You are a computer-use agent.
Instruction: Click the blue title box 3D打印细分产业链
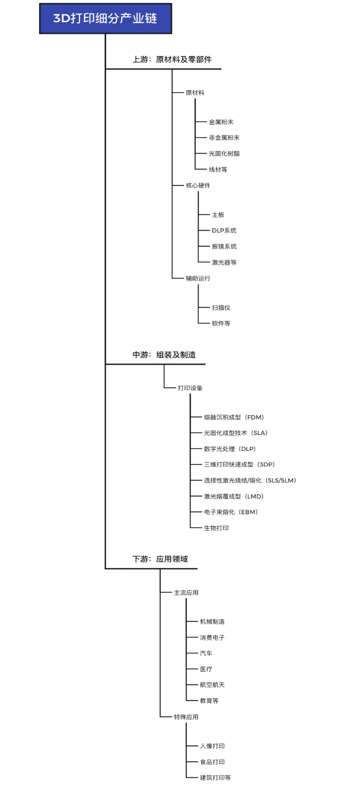coord(106,19)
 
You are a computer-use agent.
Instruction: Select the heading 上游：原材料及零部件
coord(172,59)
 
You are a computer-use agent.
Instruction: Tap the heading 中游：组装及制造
coord(164,355)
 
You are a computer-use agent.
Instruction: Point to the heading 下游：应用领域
coord(160,559)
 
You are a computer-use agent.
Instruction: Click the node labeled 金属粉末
coord(221,122)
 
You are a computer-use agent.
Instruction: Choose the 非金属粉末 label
coord(224,138)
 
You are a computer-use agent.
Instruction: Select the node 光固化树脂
coord(224,154)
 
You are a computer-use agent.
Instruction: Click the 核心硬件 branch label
coord(198,185)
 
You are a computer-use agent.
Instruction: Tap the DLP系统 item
coord(224,230)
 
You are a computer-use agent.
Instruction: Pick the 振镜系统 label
coord(224,246)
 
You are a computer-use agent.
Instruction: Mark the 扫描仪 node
coord(221,308)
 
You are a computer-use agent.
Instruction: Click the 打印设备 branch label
coord(190,388)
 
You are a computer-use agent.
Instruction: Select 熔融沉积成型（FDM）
coord(234,417)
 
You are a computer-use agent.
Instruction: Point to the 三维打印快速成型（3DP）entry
coord(240,464)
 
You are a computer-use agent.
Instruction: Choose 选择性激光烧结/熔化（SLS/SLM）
coord(250,480)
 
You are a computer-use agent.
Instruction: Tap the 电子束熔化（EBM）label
coord(231,512)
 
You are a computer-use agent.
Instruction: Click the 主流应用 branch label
coord(186,593)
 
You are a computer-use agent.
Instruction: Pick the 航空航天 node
coord(212,685)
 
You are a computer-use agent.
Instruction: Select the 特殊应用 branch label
coord(186,717)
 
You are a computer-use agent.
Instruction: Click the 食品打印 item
coord(212,762)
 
